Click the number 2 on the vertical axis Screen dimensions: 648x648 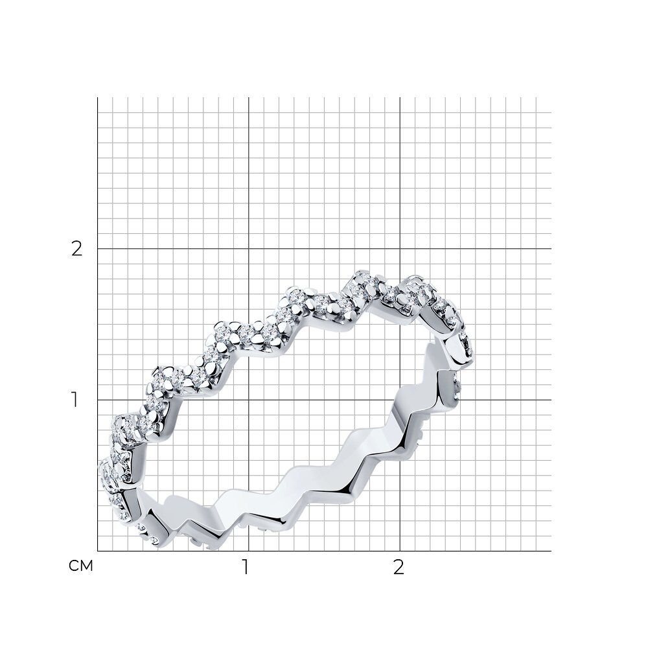[x=77, y=249]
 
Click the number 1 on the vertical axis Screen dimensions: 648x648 [x=75, y=400]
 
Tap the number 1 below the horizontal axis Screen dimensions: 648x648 [x=246, y=568]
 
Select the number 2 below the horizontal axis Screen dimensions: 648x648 [x=399, y=568]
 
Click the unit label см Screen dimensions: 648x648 [x=81, y=566]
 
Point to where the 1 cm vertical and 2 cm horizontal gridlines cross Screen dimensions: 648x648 [x=248, y=249]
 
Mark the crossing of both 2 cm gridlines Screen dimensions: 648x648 [x=400, y=249]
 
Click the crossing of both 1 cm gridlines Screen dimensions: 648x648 [x=248, y=400]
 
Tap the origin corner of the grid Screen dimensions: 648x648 [x=98, y=551]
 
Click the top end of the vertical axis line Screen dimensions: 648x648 [x=98, y=98]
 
